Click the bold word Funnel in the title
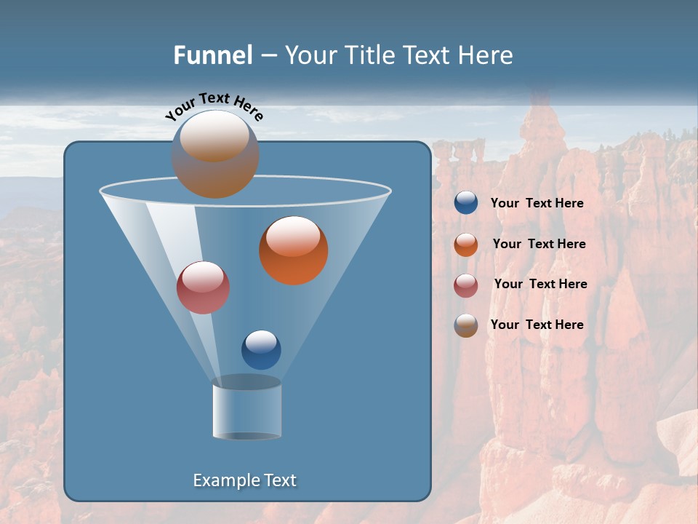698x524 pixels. click(213, 55)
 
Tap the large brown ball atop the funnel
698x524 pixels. click(215, 154)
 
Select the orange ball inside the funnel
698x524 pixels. click(294, 251)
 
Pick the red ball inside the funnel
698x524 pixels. click(203, 287)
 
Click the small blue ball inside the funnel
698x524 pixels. click(261, 350)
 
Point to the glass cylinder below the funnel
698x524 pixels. click(247, 411)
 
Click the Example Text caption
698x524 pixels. click(245, 480)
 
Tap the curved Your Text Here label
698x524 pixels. click(214, 106)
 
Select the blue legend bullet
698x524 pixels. click(466, 203)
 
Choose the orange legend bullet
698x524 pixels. click(466, 245)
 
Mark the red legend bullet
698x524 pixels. click(466, 285)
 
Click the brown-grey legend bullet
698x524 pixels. click(466, 325)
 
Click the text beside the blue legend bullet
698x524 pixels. click(537, 203)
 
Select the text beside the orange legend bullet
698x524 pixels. click(539, 244)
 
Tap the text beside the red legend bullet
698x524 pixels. click(540, 284)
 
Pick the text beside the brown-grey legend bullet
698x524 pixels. click(537, 325)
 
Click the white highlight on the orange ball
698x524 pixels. click(293, 237)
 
